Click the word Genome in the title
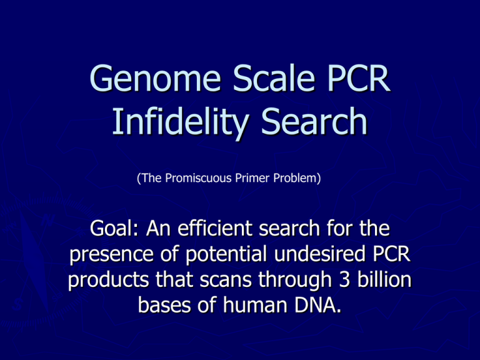click(x=155, y=78)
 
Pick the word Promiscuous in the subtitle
click(x=198, y=178)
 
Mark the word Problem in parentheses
click(x=295, y=178)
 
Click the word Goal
click(x=114, y=228)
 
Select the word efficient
click(x=214, y=228)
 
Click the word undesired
click(x=319, y=254)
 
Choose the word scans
click(x=226, y=281)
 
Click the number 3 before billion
click(x=344, y=280)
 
